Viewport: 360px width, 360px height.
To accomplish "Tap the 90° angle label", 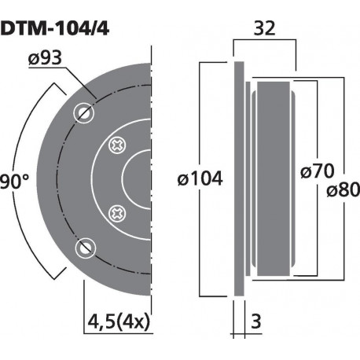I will tap(15, 180).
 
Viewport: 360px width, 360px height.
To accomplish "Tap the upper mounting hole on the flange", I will tap(83, 112).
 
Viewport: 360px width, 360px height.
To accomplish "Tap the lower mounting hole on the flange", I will tap(83, 250).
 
